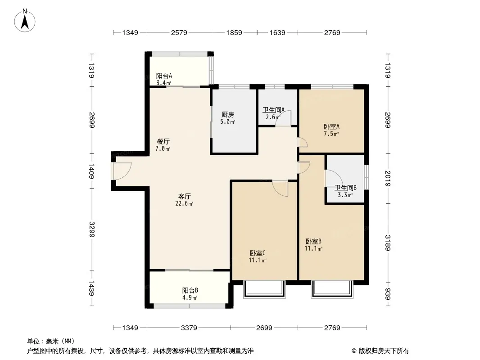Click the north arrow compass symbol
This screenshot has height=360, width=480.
tap(24, 20)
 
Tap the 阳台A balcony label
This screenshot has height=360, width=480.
tap(164, 76)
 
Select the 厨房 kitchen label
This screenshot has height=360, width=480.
tap(227, 114)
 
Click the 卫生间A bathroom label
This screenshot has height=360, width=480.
tap(273, 109)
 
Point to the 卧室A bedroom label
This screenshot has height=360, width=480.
tap(331, 126)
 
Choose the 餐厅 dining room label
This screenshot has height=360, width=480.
tap(163, 141)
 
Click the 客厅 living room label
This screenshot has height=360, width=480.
tap(184, 196)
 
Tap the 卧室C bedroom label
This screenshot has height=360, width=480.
tap(258, 253)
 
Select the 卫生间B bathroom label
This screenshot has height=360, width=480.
tap(345, 188)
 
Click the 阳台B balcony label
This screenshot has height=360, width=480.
tap(190, 290)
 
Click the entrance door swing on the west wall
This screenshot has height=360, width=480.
tap(122, 171)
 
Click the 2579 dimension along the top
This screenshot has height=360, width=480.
tap(179, 32)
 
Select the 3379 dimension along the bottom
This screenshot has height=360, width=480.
tap(189, 328)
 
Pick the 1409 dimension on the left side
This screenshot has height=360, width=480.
tap(91, 171)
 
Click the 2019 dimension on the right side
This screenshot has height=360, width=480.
tap(388, 178)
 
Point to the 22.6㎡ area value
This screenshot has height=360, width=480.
tap(184, 203)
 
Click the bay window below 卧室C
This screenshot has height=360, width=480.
tap(264, 289)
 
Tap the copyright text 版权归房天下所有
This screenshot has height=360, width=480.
tap(383, 351)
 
